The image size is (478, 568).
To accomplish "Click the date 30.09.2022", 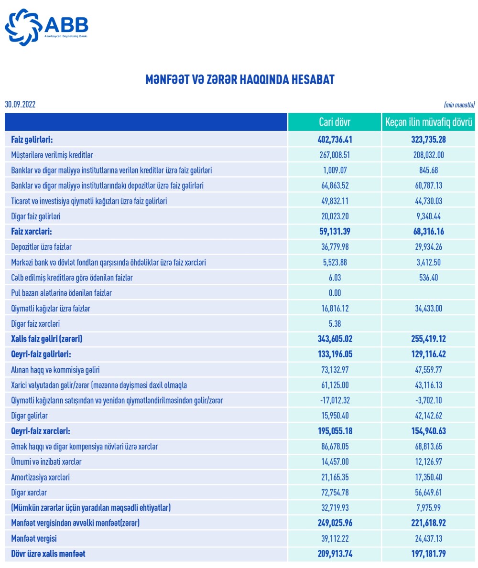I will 20,105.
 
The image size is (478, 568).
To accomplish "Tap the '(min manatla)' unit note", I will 459,105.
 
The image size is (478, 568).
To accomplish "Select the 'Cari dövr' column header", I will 334,122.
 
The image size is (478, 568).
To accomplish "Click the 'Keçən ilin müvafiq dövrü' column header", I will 429,122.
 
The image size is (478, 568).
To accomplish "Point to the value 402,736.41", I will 334,139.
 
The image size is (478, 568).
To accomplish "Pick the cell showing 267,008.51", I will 334,155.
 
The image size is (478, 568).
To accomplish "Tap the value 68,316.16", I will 429,232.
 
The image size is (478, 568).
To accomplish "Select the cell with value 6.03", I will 334,278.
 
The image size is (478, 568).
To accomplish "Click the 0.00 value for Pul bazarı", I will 334,293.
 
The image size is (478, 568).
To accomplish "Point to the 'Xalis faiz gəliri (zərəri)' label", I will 47,339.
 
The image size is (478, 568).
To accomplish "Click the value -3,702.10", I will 429,400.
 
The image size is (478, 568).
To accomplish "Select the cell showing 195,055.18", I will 334,431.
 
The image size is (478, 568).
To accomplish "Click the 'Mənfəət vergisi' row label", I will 34,538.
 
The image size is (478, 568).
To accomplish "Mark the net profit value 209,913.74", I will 334,554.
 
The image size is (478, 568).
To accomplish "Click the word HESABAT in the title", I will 309,80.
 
